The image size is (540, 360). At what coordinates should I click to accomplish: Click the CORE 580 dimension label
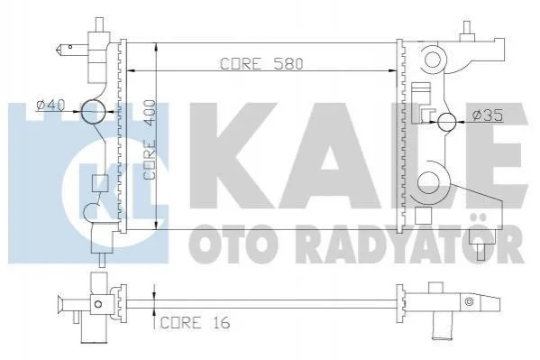(x=261, y=64)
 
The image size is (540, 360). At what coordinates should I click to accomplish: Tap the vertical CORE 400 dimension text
(x=151, y=140)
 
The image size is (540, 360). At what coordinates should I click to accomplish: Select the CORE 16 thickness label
(x=196, y=323)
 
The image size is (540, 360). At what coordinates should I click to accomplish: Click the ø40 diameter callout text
(x=51, y=105)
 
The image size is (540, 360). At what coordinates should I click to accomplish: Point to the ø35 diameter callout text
(x=488, y=115)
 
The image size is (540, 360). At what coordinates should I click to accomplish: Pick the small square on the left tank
(x=100, y=183)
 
